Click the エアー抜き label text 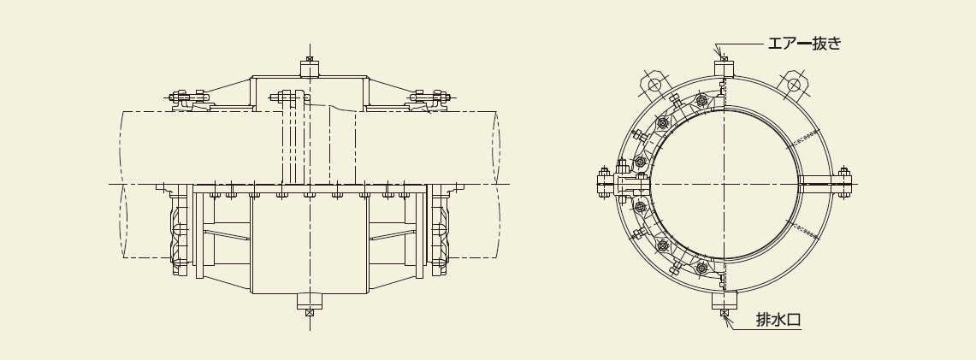tap(803, 43)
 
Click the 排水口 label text tap(778, 320)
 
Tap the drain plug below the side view tap(310, 304)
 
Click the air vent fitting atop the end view tap(724, 67)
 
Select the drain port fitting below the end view tap(724, 303)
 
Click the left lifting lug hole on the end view tap(654, 85)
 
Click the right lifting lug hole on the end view tap(793, 85)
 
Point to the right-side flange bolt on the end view tap(844, 182)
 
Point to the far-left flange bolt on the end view tap(603, 182)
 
